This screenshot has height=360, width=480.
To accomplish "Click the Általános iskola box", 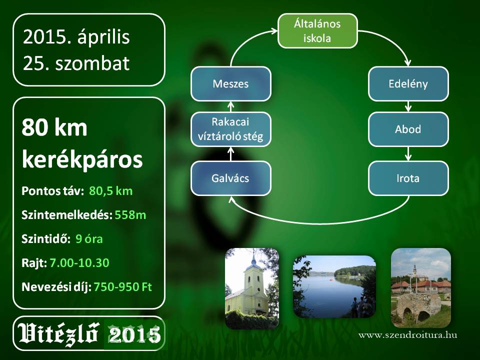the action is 317,30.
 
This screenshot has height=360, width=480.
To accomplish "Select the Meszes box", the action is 231,83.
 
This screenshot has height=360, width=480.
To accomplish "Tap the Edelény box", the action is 408,83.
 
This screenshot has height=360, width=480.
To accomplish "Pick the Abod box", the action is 408,129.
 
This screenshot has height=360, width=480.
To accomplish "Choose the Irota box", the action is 408,178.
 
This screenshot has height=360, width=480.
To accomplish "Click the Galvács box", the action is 231,178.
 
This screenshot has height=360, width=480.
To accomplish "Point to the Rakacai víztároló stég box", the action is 231,129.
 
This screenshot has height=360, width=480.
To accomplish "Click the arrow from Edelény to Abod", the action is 408,106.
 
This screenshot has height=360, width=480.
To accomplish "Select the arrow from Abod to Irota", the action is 408,153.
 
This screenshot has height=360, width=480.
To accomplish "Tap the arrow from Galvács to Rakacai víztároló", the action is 231,153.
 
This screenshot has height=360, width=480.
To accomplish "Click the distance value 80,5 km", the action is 111,191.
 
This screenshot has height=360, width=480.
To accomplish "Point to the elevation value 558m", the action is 130,215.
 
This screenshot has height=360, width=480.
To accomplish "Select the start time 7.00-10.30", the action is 79,263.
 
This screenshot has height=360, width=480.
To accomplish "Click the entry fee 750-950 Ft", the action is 123,287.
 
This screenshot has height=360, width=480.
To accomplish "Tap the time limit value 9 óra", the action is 89,239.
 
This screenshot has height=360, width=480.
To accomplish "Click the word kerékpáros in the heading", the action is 82,159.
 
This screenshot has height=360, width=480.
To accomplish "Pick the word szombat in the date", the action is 92,63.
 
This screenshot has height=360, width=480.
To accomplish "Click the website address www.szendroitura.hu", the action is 408,335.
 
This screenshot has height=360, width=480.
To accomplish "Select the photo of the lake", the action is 334,286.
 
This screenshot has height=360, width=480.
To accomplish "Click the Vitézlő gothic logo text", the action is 58,333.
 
